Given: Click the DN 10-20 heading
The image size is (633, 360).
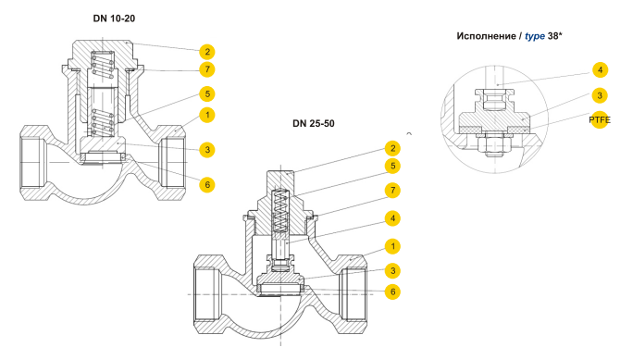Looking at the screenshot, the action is tap(114, 19).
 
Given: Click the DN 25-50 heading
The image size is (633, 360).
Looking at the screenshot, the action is tap(314, 123).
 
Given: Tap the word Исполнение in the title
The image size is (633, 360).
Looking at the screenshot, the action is tap(486, 36).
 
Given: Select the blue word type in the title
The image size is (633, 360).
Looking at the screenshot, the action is tap(535, 36).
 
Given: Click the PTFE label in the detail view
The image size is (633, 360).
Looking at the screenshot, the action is tap(600, 120).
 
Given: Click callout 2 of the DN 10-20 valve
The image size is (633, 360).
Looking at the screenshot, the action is tap(207, 52).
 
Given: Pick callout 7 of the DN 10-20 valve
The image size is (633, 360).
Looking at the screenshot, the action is tap(207, 69).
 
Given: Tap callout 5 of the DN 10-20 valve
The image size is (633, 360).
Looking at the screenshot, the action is tap(207, 94).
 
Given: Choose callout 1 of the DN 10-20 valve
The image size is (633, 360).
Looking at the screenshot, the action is tap(207, 115).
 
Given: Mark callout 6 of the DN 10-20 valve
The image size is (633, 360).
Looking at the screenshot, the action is tap(207, 185).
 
